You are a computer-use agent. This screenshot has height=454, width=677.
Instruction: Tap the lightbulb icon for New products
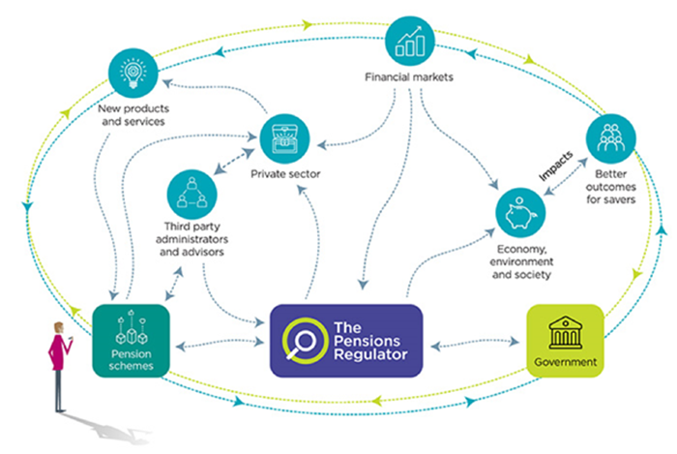click(x=132, y=72)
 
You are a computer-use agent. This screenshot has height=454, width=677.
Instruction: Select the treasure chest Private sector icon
click(x=285, y=138)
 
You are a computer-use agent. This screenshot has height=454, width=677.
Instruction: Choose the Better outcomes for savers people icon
click(x=611, y=141)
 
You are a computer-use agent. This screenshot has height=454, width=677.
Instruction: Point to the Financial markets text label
click(x=413, y=77)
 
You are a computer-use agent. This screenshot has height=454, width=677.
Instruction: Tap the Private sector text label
click(x=285, y=175)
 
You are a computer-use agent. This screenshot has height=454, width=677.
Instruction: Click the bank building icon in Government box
click(x=565, y=332)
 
